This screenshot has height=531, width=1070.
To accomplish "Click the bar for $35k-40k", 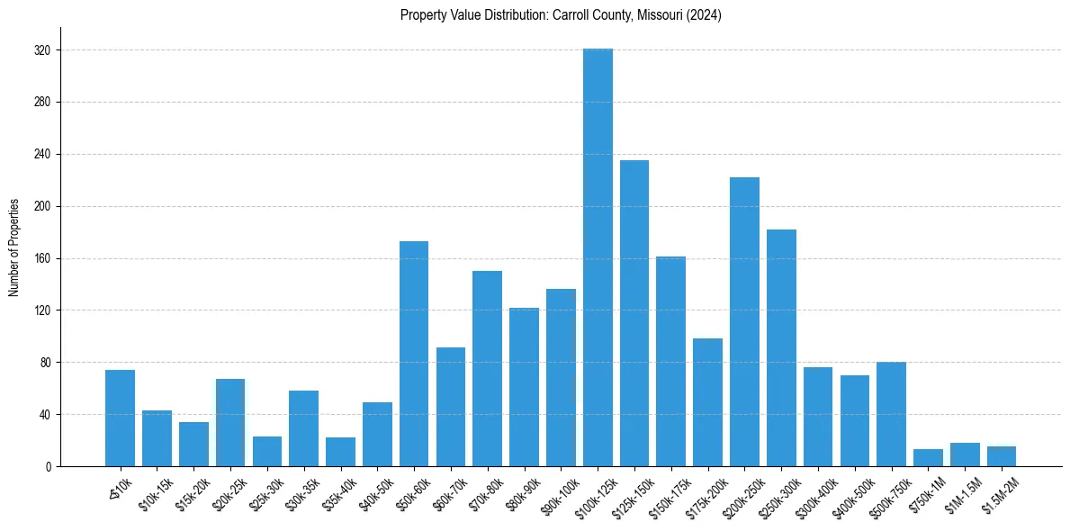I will pyautogui.click(x=340, y=452).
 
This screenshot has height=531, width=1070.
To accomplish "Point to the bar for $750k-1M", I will pyautogui.click(x=928, y=458).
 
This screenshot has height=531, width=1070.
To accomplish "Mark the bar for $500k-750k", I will pyautogui.click(x=891, y=414).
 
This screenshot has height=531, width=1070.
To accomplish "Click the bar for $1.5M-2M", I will pyautogui.click(x=1002, y=456).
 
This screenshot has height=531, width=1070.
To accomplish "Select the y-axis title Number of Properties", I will pyautogui.click(x=13, y=247).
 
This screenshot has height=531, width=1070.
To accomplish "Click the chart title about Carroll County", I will pyautogui.click(x=561, y=14).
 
